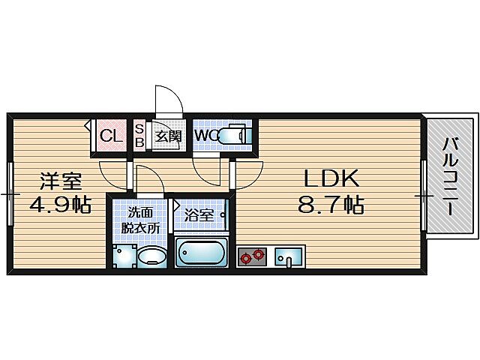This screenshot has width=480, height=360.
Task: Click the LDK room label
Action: [332, 178]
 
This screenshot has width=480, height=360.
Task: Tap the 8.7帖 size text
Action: [332, 205]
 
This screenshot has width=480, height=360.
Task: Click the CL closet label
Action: [110, 136]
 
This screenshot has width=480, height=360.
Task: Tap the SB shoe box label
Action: [139, 136]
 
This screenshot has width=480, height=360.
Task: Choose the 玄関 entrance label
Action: [169, 136]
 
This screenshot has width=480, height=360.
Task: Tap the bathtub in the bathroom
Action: [202, 253]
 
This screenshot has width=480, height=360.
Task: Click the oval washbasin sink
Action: [153, 256]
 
